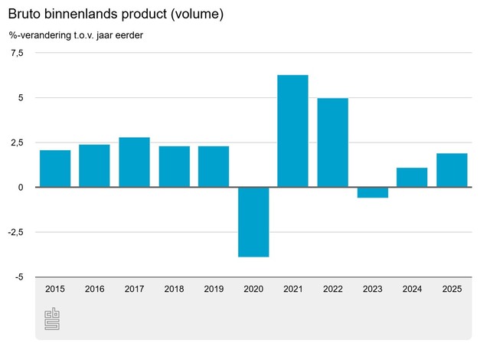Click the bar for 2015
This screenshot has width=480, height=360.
coord(55,169)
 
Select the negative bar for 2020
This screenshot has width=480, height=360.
coord(253,222)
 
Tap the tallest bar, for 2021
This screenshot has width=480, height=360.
coord(292,131)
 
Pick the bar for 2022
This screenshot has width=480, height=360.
coord(332,142)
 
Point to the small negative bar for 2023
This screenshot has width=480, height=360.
coord(372,192)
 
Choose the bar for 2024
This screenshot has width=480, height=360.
coord(412,178)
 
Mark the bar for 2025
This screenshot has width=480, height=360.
coord(452,170)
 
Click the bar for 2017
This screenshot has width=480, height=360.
coord(134,162)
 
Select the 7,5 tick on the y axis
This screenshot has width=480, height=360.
coord(17,53)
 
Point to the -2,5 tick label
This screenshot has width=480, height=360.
coord(15,232)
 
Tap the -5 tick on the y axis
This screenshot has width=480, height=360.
coord(18,277)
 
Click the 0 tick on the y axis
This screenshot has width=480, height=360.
coord(21,188)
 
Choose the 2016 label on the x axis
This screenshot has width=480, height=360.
coord(95,289)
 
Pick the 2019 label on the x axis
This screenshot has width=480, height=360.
coord(214,289)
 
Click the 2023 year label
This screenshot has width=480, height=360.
coord(372,289)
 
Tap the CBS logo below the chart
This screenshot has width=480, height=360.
coord(52,319)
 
